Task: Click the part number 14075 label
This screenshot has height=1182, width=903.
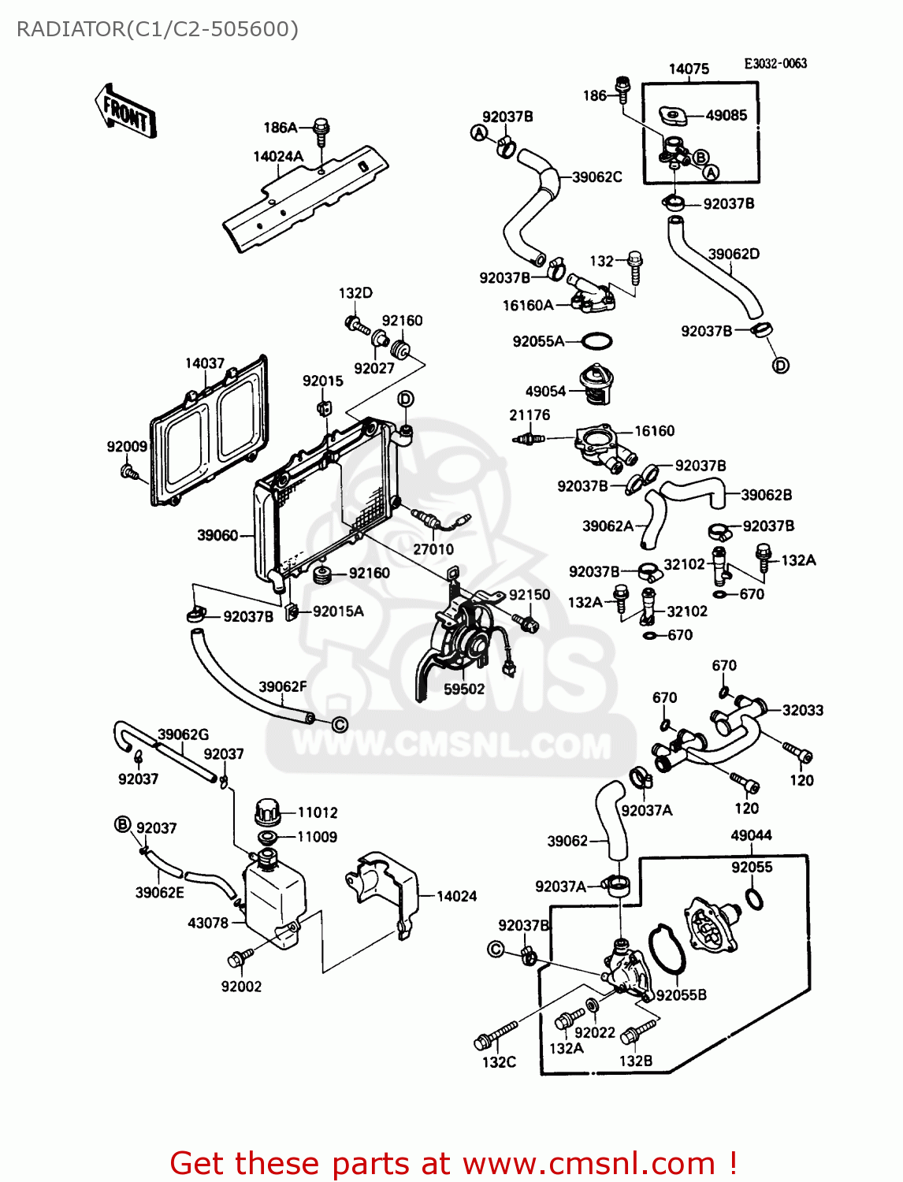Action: pos(689,69)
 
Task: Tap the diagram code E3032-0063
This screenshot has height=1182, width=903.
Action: pos(775,64)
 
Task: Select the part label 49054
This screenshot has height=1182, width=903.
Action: pos(545,391)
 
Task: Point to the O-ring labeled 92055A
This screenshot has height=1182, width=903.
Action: pos(596,342)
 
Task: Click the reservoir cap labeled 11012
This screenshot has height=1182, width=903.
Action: pos(267,810)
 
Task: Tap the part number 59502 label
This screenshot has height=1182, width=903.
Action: pos(464,689)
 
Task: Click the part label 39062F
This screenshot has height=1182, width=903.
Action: pos(283,686)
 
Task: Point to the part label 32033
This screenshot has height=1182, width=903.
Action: pos(802,710)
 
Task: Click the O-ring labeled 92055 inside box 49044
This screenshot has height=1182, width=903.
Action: pos(753,898)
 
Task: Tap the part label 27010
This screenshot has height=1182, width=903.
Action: pos(433,549)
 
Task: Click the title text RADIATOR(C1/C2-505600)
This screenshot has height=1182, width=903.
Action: pos(158,29)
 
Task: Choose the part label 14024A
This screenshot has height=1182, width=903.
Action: pos(278,156)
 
